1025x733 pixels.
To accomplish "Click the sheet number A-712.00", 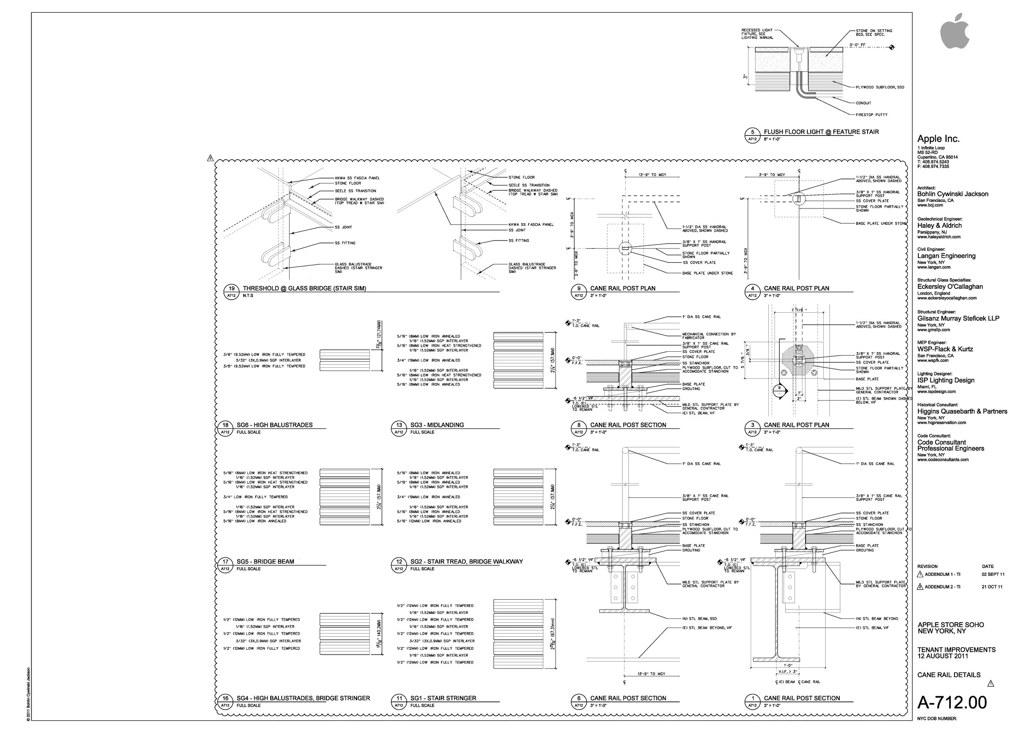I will click(x=952, y=702).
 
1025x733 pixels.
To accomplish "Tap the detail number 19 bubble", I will click(x=231, y=289).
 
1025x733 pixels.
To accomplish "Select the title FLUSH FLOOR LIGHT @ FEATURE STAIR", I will click(x=821, y=132).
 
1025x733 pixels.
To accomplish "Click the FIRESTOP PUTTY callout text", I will click(x=871, y=115).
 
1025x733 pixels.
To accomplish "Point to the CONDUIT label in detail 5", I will click(x=863, y=103).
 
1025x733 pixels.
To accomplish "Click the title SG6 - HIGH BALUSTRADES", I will click(x=274, y=425).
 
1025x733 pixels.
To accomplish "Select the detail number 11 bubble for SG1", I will click(x=399, y=698).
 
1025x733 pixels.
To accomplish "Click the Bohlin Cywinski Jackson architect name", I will click(x=952, y=194).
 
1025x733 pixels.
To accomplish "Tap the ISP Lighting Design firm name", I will click(x=945, y=380).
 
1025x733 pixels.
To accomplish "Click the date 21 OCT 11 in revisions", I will click(x=992, y=587).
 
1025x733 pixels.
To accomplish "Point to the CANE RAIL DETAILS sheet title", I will click(x=948, y=675).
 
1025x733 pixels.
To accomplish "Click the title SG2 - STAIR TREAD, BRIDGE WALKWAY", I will click(x=466, y=561).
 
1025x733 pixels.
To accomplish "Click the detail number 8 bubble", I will click(x=579, y=425).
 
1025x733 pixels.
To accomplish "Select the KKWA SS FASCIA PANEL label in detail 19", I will click(x=357, y=178).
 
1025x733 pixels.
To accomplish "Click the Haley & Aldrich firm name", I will click(x=939, y=225).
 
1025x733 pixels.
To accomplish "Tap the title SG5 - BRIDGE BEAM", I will click(x=265, y=561).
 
